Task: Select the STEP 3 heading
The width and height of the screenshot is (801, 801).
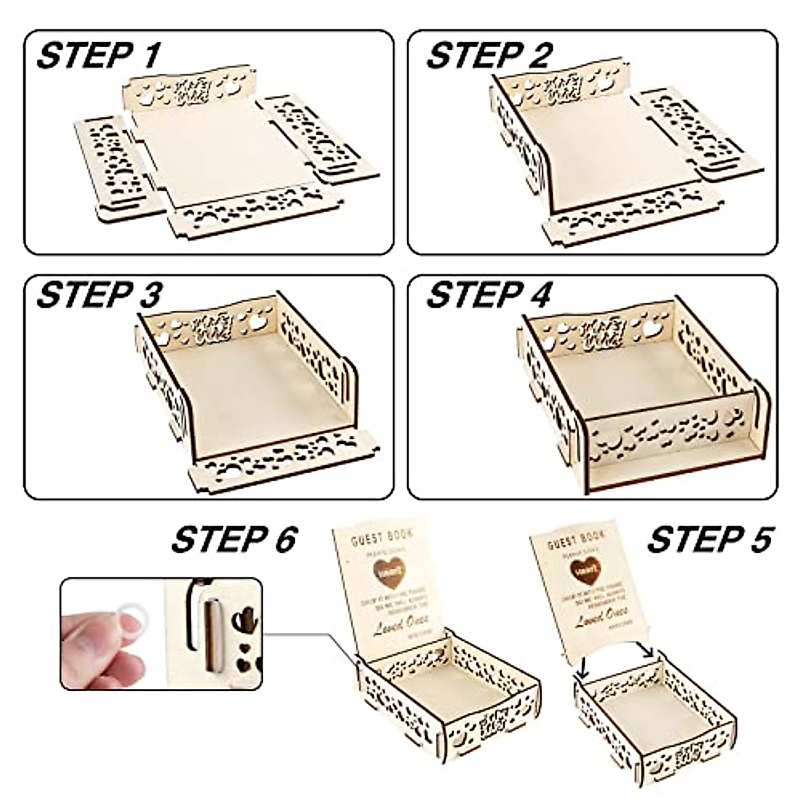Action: (99, 295)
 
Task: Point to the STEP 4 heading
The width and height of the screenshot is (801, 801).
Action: (489, 295)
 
